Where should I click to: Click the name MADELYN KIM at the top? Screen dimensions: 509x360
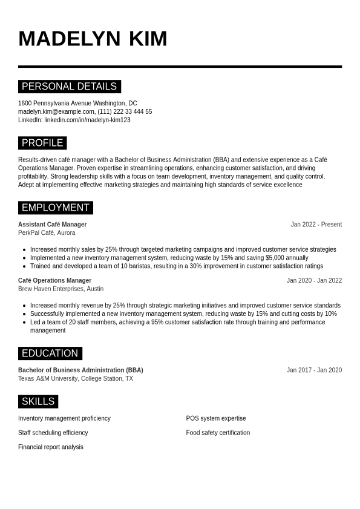click(93, 38)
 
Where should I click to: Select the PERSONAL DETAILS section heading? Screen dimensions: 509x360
click(69, 87)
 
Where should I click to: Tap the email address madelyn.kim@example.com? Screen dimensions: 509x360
click(56, 111)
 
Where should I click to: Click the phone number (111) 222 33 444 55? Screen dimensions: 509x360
click(125, 111)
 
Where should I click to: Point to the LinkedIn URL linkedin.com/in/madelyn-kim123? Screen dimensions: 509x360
click(87, 120)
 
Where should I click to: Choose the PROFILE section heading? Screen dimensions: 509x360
click(42, 143)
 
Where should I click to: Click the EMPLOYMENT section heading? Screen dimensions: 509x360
click(55, 208)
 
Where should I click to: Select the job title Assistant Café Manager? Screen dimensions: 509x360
click(52, 225)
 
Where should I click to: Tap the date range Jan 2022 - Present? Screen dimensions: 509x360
click(316, 225)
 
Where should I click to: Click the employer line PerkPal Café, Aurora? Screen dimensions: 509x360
click(47, 232)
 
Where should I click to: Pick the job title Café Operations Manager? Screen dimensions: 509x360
click(54, 280)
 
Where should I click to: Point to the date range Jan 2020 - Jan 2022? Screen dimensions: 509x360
click(314, 280)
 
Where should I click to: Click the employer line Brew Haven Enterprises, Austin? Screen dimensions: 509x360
click(61, 289)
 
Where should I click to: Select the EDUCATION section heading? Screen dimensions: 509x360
click(50, 353)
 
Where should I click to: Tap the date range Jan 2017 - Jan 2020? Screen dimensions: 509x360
click(314, 370)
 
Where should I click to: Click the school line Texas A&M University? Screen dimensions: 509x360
click(75, 378)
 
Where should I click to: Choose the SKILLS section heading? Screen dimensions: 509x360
click(38, 401)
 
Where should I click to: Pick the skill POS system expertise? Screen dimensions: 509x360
click(216, 418)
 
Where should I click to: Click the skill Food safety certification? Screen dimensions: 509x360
click(218, 433)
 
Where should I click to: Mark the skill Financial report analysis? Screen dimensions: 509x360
click(51, 447)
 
